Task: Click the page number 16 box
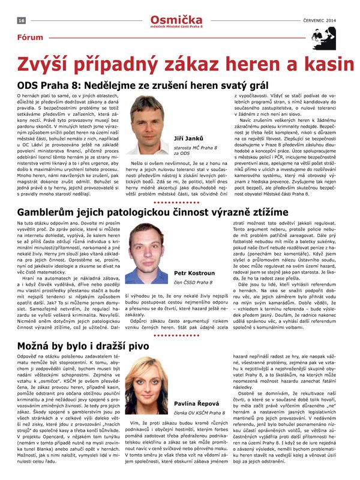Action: [20, 20]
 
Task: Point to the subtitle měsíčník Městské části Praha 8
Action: [180, 27]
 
